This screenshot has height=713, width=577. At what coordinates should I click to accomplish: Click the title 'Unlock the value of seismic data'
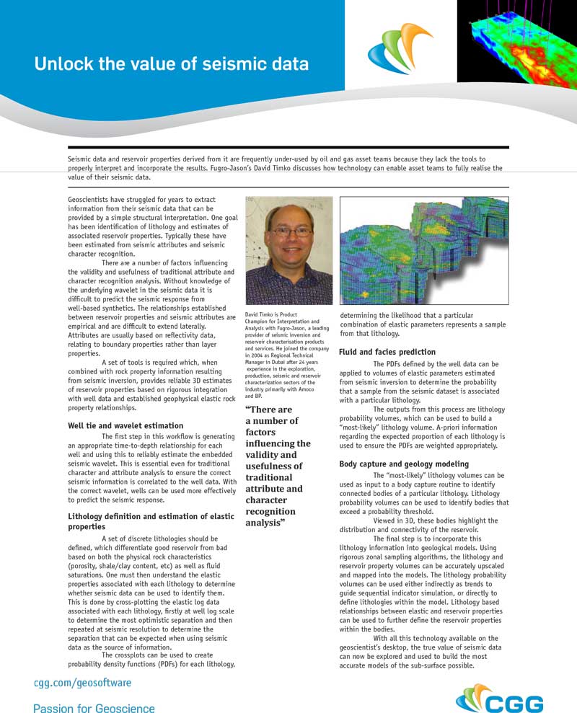(x=172, y=63)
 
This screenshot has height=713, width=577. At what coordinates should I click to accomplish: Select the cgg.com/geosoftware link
(x=83, y=682)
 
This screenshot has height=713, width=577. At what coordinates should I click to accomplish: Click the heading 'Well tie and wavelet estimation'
(x=125, y=426)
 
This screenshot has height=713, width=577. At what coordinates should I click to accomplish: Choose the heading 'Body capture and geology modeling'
(x=404, y=464)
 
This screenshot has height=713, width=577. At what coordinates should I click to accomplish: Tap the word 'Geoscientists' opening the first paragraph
(x=90, y=199)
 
